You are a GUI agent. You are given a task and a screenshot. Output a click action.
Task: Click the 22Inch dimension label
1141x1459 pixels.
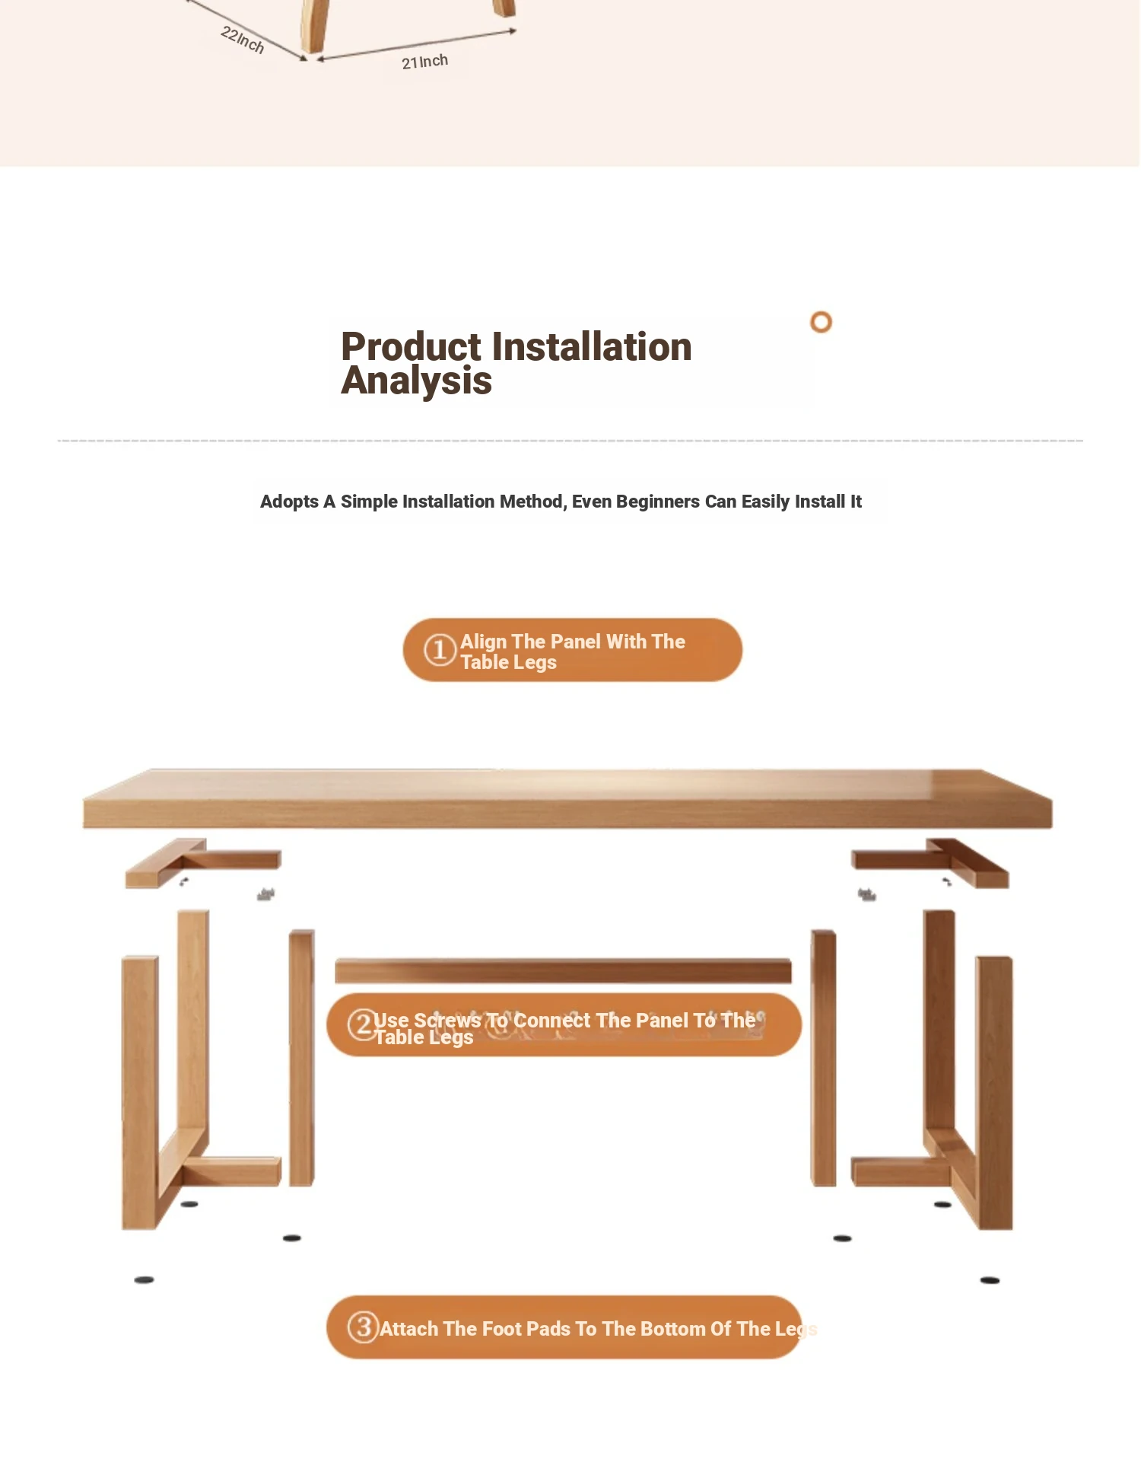point(243,40)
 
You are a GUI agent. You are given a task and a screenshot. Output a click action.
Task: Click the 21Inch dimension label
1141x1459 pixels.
point(424,62)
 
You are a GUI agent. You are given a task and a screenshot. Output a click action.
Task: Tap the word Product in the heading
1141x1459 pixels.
point(411,346)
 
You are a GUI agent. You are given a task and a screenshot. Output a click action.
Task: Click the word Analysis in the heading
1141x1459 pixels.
point(416,381)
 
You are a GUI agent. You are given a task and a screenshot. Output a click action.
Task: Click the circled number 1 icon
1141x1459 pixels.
point(440,651)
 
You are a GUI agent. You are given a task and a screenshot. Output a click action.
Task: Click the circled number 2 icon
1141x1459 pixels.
point(363,1024)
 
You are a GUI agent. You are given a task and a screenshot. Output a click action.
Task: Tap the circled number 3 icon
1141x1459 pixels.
point(364,1327)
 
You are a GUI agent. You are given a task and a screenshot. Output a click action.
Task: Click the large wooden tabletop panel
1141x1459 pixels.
point(567,798)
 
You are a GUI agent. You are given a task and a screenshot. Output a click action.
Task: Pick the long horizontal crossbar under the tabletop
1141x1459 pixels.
point(563,970)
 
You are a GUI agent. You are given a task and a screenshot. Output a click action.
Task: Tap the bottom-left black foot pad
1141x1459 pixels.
point(145,1280)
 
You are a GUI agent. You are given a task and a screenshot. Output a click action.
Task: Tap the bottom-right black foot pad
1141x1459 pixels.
point(990,1280)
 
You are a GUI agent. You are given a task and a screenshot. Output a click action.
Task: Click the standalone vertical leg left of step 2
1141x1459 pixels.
point(302,1058)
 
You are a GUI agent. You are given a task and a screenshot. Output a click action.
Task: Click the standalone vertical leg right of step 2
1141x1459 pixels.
point(824,1058)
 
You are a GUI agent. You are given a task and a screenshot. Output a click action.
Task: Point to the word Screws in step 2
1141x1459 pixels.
point(447,1020)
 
